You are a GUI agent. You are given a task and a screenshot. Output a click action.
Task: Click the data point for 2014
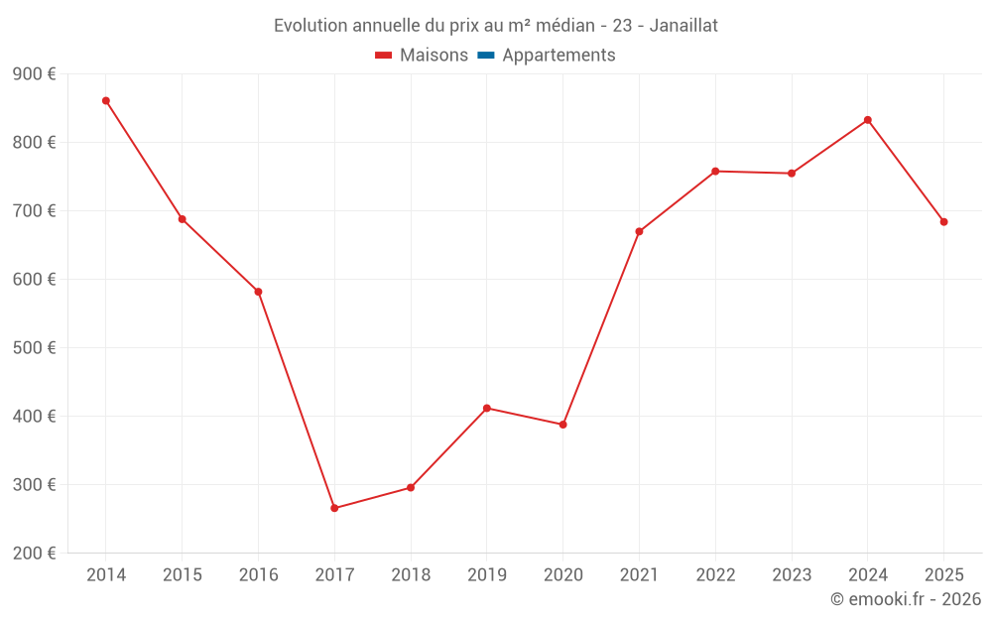point(106,100)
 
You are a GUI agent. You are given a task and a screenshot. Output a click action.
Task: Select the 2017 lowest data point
point(334,508)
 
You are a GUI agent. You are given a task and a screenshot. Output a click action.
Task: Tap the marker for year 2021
point(639,231)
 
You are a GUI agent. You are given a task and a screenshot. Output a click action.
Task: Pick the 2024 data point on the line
point(868,120)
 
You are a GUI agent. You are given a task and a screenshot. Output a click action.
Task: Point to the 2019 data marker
point(487,408)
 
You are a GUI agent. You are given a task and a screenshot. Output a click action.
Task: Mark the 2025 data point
point(943,222)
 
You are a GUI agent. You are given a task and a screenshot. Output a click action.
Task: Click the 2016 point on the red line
point(258,292)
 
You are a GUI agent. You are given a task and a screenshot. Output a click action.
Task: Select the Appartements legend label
point(558,56)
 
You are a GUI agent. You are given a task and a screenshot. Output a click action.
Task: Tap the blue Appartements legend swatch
point(486,56)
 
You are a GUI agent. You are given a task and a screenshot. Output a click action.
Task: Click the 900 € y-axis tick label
point(34,74)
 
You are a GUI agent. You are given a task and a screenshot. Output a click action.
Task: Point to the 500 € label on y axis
point(34,348)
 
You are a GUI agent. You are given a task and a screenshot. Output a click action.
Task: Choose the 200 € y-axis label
point(34,554)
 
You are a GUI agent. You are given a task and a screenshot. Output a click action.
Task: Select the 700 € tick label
point(34,211)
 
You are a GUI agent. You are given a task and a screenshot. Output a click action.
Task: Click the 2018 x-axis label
point(411,574)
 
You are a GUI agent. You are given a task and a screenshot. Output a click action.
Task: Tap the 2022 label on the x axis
point(715,574)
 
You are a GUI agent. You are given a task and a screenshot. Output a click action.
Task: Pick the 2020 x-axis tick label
point(562,574)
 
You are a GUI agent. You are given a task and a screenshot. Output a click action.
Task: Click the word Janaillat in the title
point(683,26)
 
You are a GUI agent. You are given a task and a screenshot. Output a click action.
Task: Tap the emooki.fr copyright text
point(906,599)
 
